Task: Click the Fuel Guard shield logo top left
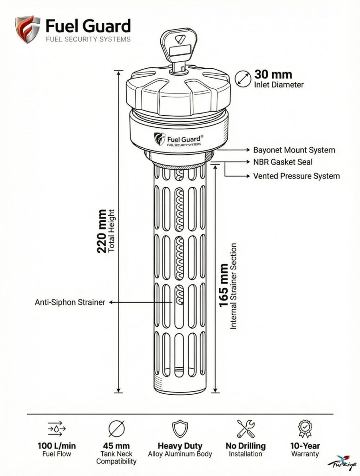[27, 29]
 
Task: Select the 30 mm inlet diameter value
[273, 74]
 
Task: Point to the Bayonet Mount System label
[294, 150]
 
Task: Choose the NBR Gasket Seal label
[282, 162]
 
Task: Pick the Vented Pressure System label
[296, 176]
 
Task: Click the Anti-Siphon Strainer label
[70, 302]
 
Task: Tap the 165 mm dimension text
[223, 285]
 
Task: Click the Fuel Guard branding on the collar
[179, 139]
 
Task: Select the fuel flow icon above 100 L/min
[57, 428]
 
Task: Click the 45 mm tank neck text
[116, 446]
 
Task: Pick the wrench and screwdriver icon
[246, 428]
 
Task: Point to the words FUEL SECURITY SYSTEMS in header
[88, 39]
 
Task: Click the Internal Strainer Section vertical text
[234, 286]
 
